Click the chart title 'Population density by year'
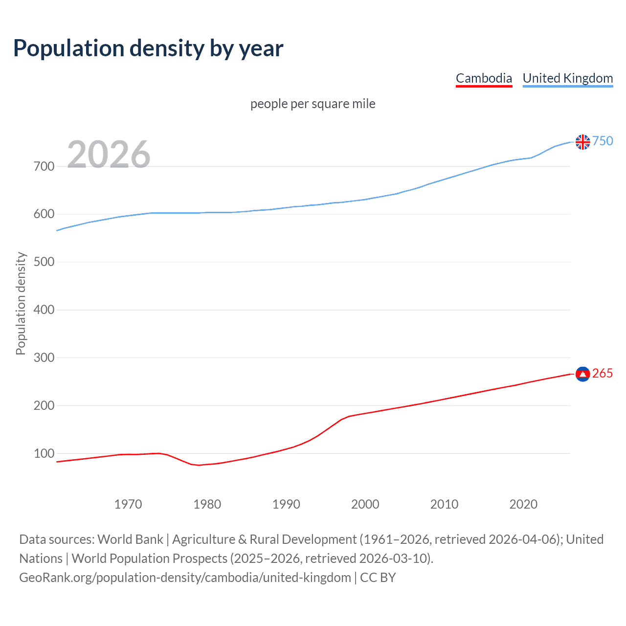click(148, 48)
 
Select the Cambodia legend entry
click(484, 78)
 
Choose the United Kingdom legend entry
click(567, 78)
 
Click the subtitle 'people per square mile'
click(313, 104)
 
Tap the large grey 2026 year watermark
click(109, 155)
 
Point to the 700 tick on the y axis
click(44, 166)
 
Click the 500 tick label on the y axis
click(44, 262)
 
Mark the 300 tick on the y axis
click(44, 358)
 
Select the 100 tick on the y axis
click(44, 453)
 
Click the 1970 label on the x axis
click(128, 504)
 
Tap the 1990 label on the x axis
click(286, 504)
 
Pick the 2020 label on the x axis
click(523, 504)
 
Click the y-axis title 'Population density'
click(21, 303)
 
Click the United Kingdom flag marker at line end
click(582, 142)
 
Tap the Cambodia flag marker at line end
click(582, 374)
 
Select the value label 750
click(603, 141)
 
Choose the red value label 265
click(603, 374)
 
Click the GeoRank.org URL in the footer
click(185, 578)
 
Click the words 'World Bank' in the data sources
click(130, 539)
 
